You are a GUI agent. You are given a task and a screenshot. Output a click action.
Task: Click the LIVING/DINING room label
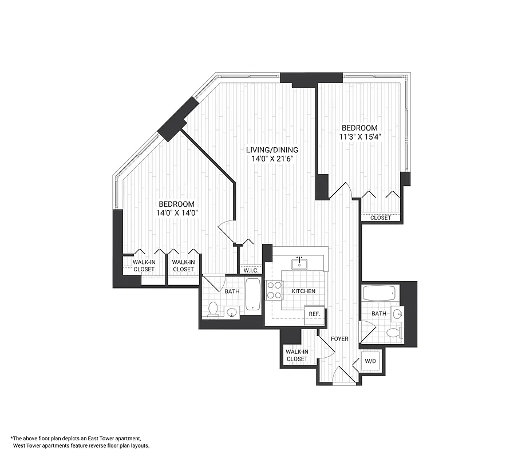(272, 150)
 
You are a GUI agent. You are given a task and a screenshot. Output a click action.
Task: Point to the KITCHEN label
(303, 291)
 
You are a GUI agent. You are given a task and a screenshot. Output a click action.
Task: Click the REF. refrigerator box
(314, 314)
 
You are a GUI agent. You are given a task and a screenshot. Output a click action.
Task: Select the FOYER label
(339, 339)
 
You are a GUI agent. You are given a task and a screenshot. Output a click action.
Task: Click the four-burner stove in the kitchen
(274, 290)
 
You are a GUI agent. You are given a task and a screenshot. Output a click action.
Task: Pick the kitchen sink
(299, 263)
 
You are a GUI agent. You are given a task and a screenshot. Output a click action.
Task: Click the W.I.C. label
(251, 270)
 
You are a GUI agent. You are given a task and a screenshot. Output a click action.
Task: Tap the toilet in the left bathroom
(213, 309)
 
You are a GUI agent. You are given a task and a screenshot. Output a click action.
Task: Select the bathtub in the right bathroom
(379, 293)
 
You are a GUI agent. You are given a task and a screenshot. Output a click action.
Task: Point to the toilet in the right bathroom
(393, 333)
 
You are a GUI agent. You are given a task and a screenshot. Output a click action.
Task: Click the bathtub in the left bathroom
(252, 295)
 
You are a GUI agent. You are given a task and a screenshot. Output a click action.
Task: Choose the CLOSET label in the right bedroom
(381, 218)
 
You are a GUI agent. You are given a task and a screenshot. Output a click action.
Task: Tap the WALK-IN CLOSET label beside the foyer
(296, 355)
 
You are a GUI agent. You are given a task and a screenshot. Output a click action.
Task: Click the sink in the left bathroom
(232, 312)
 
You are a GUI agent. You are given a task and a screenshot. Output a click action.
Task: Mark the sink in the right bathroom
(398, 313)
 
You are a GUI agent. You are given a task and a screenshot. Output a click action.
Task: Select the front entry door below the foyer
(344, 377)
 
